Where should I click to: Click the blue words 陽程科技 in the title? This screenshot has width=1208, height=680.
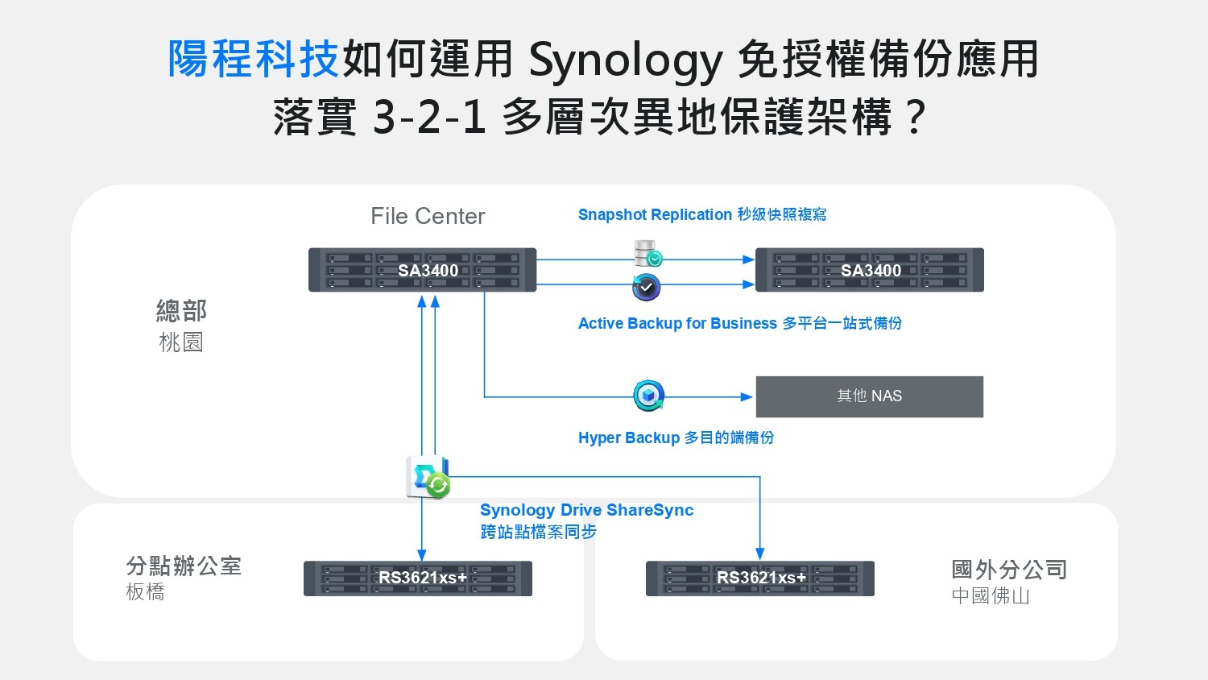(x=253, y=59)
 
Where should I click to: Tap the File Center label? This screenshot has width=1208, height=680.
(x=428, y=216)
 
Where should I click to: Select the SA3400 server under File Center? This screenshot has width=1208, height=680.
(x=423, y=270)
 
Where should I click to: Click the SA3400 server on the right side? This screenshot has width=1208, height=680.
(x=870, y=270)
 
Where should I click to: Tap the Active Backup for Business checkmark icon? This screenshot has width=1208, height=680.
(x=646, y=287)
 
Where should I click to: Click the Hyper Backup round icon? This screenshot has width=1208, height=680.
(x=648, y=396)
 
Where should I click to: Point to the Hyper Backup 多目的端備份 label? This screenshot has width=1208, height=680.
(x=676, y=437)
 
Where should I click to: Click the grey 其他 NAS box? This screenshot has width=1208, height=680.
(x=869, y=396)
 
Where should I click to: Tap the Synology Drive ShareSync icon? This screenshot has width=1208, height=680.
(x=428, y=477)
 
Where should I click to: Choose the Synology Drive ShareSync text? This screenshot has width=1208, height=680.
(x=586, y=510)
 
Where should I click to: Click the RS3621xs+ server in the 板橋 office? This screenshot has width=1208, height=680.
(x=418, y=578)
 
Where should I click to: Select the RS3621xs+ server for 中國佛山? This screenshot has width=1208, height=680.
(x=760, y=578)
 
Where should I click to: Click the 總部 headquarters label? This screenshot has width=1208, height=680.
(x=181, y=311)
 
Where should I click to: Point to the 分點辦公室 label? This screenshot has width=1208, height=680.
(x=184, y=566)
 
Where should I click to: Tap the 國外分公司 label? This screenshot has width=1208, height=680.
(x=1009, y=570)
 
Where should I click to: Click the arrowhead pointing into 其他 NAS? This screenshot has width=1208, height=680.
(x=747, y=396)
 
